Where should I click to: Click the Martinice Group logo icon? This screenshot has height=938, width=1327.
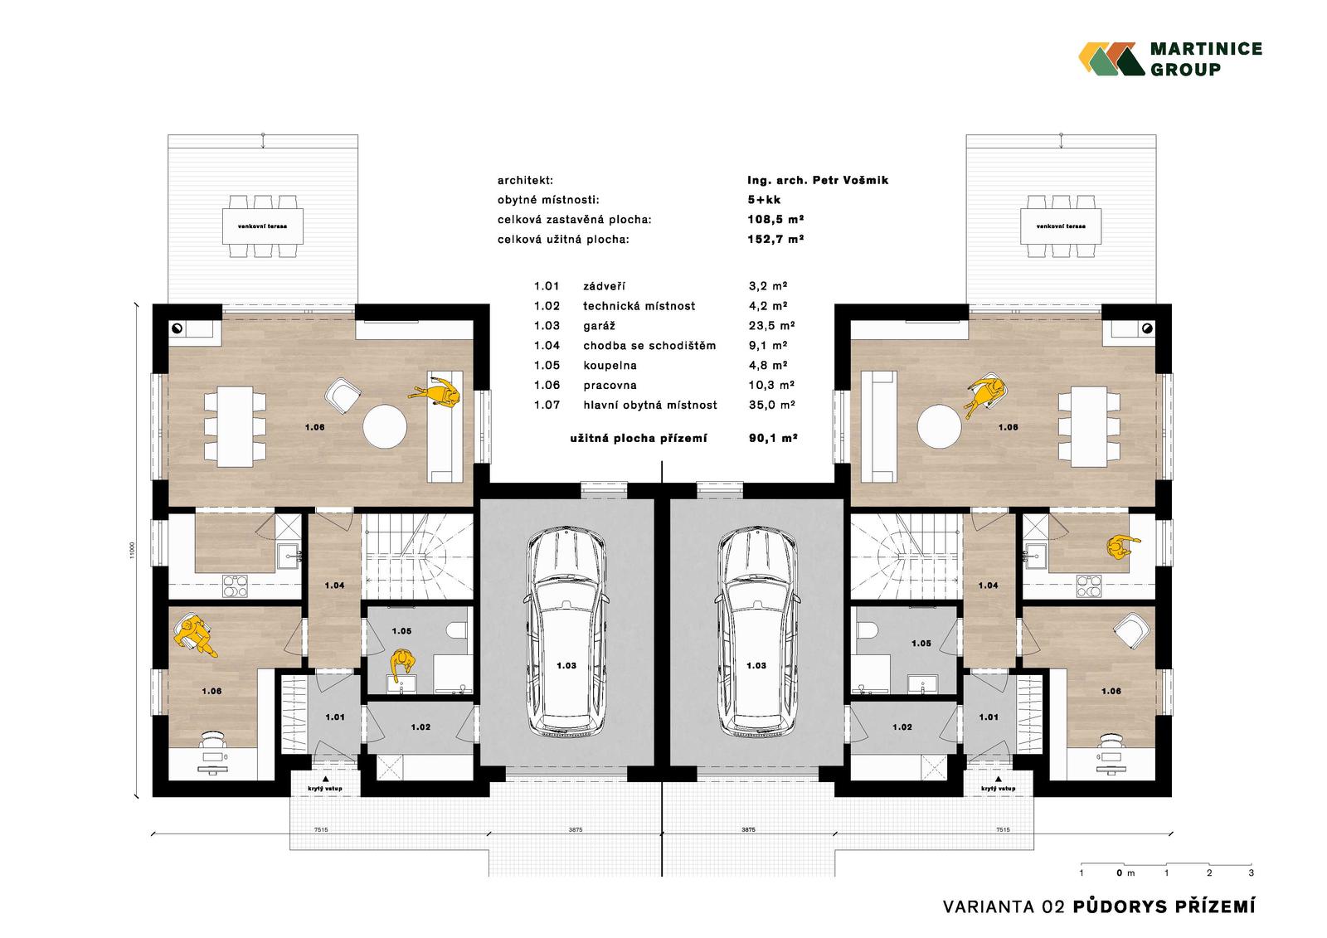(x=1111, y=59)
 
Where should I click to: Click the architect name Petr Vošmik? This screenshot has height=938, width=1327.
(x=850, y=180)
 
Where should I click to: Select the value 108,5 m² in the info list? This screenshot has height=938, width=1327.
(x=775, y=219)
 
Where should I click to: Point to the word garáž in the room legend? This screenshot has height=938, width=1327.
(x=599, y=326)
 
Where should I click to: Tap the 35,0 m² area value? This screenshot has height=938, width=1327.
(x=771, y=405)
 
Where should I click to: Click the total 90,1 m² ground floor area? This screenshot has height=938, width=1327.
(x=772, y=439)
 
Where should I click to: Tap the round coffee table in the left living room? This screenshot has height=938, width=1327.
(x=385, y=426)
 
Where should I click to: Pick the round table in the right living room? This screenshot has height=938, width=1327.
(x=939, y=426)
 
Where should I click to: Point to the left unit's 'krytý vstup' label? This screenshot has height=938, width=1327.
(x=325, y=789)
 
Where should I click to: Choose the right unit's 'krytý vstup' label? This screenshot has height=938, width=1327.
(x=999, y=789)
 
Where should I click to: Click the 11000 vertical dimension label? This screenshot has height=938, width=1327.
(x=132, y=550)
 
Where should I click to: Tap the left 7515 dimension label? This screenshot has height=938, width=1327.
(x=321, y=830)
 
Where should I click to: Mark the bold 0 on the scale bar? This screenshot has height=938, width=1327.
(x=1119, y=872)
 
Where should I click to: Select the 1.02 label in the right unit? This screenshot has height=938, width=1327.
(x=902, y=727)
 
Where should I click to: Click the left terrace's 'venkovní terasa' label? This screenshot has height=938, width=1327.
(x=262, y=226)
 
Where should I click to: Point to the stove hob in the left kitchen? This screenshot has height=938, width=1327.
(x=236, y=586)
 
